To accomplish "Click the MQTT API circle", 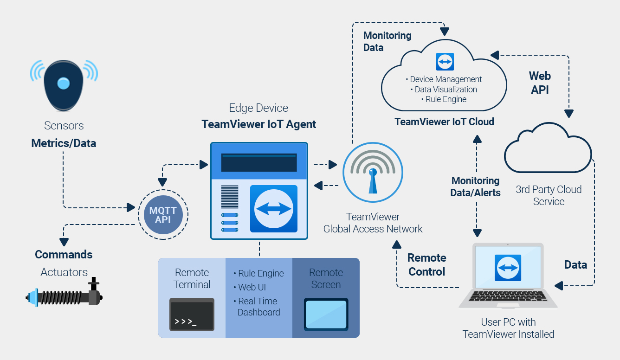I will click(163, 215).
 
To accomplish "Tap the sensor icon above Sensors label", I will click(64, 84).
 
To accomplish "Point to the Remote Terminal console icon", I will click(192, 315).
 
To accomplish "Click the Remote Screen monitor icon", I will click(326, 315).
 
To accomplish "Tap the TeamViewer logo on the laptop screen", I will click(508, 268).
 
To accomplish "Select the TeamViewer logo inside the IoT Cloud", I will click(445, 62).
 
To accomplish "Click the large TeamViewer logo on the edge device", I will click(273, 209).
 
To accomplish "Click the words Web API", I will click(540, 83).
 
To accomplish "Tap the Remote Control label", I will click(426, 265).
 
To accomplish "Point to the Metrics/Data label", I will click(64, 143).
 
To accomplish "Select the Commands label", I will click(64, 255).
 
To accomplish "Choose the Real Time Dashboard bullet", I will click(258, 307).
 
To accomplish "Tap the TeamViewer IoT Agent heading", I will click(258, 124).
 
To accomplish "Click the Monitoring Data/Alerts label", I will click(475, 186).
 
